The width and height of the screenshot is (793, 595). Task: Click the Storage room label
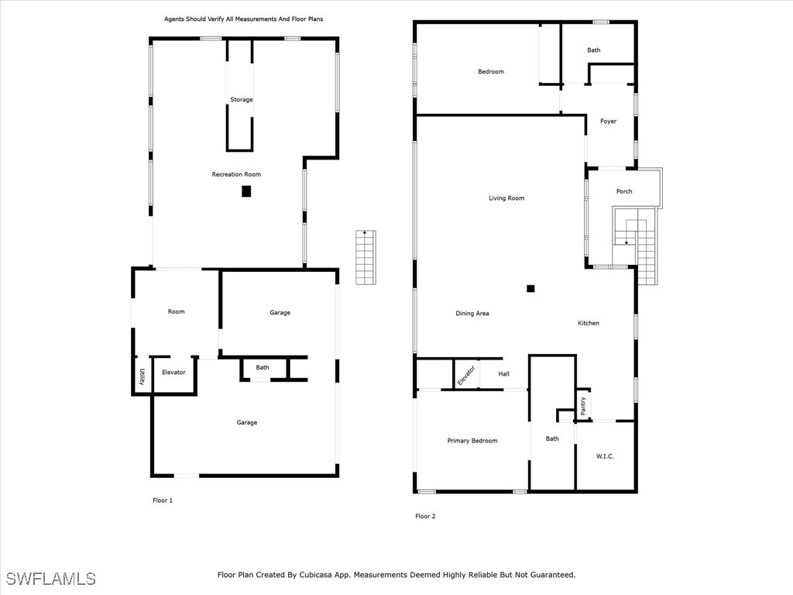241,100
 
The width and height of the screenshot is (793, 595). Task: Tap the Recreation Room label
236,174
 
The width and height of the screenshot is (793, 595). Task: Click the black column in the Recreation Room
246,191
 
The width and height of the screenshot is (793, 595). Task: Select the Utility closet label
142,377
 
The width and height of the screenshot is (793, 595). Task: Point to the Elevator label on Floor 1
173,373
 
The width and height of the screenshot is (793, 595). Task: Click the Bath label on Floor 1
263,367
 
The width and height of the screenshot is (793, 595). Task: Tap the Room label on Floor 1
177,311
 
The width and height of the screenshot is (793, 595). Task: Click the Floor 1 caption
163,500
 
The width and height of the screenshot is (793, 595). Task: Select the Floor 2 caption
425,516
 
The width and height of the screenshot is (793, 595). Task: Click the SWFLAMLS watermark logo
51,579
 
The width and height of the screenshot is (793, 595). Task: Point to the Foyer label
609,122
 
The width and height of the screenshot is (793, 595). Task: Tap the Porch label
624,191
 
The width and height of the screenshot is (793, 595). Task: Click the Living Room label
506,198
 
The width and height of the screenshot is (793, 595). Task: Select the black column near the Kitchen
530,288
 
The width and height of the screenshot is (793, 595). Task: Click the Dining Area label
472,314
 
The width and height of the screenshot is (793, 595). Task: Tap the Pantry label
583,404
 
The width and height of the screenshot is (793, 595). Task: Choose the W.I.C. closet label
605,456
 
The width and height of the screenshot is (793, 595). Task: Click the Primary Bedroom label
472,441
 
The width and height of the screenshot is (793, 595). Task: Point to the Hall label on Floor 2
504,374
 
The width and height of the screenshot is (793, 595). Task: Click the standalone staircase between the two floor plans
366,257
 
